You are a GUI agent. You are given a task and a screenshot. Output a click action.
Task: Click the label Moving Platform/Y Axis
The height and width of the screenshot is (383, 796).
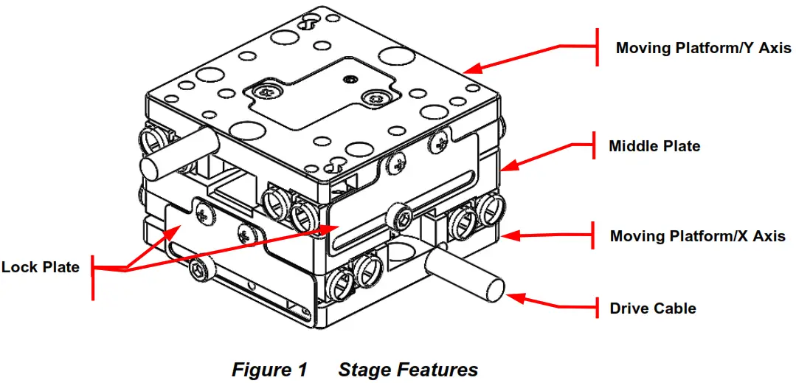(x=703, y=49)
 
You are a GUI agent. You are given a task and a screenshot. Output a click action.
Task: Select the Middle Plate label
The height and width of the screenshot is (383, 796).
(x=654, y=146)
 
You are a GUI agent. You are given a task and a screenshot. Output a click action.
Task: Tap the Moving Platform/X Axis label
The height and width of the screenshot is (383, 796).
(x=697, y=236)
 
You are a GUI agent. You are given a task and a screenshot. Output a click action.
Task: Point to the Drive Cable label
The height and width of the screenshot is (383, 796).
(x=652, y=308)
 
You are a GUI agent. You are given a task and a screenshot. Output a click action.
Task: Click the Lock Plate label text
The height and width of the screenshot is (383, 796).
(x=40, y=267)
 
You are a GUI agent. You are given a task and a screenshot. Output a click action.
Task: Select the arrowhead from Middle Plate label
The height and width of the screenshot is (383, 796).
(x=506, y=166)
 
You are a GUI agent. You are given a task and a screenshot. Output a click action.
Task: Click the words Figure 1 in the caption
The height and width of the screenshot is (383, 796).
(x=269, y=369)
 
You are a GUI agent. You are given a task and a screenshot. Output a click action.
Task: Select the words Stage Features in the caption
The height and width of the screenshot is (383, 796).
(x=408, y=369)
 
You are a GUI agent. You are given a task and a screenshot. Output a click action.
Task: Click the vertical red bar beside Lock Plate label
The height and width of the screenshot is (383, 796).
(x=92, y=278)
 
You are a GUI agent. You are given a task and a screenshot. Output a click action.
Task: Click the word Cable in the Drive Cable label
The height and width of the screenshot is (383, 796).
(x=674, y=308)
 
